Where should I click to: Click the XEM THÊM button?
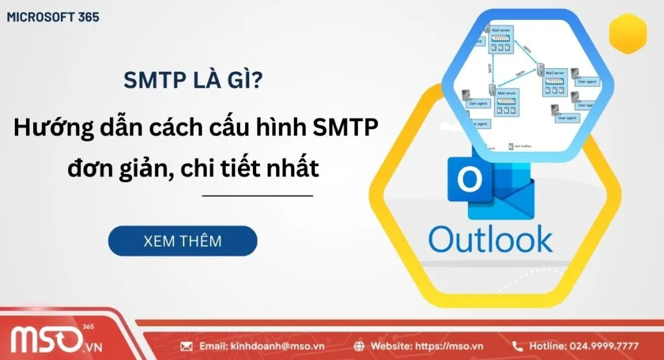tap(182, 241)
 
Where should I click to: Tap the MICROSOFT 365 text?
tap(53, 17)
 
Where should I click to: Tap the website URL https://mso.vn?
tap(445, 346)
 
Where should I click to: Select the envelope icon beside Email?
tap(187, 346)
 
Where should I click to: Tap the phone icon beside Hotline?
tap(517, 346)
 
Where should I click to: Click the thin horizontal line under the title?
tap(257, 195)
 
